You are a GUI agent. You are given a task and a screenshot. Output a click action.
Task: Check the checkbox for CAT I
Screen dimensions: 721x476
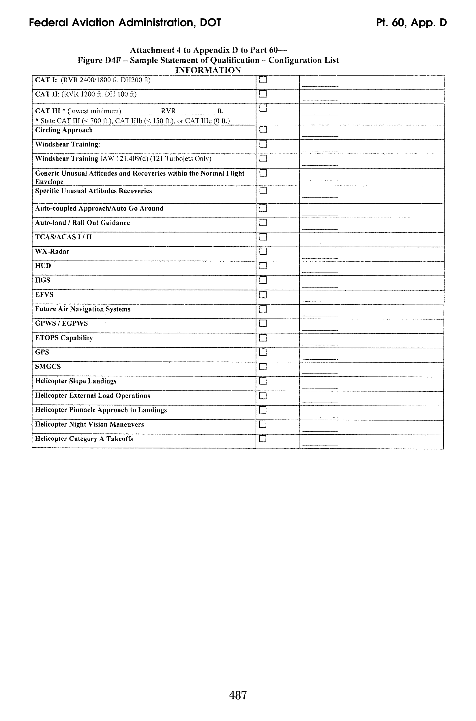[263, 80]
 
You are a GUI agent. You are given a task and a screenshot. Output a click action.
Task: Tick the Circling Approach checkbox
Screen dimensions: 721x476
[263, 129]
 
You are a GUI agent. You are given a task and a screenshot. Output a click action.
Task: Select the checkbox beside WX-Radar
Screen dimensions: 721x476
[263, 251]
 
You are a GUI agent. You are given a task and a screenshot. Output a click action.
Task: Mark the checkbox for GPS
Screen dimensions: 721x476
[263, 352]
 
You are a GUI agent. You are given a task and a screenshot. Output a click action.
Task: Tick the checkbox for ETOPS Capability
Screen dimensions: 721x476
[263, 338]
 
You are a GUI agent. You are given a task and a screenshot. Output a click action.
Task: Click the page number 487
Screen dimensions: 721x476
[238, 695]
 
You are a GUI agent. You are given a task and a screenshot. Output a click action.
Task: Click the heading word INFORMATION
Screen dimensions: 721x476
[208, 70]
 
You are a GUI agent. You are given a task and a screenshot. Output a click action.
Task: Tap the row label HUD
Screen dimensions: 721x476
[43, 266]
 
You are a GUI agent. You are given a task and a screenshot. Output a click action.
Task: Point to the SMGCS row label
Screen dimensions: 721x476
[48, 367]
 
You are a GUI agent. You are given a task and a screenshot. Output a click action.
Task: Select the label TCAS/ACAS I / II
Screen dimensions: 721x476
[63, 237]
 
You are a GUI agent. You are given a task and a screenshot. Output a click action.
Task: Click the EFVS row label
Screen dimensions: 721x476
[44, 295]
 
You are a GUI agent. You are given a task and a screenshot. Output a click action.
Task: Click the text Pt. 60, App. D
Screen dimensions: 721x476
[411, 22]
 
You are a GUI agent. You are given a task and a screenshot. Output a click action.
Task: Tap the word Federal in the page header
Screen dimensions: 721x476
[48, 22]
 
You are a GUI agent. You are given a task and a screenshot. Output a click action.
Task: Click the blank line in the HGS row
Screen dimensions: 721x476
[320, 286]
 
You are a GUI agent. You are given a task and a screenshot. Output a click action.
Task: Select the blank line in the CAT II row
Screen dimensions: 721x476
[320, 100]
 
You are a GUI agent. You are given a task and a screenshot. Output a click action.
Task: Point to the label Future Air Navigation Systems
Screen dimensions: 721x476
[83, 309]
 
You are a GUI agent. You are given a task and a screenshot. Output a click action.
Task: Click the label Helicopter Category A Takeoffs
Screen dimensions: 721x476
[84, 439]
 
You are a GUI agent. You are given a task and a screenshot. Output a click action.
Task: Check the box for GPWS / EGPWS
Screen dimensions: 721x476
[263, 324]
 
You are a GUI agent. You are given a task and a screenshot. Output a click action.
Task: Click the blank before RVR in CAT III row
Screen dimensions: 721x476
[141, 114]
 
